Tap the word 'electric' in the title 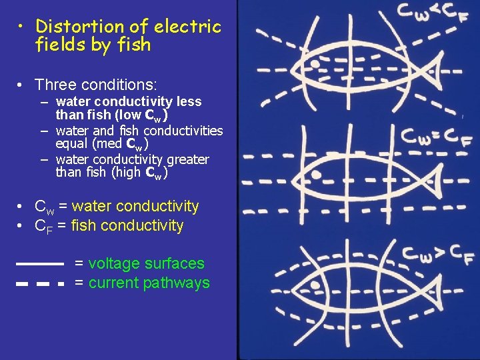click(x=187, y=27)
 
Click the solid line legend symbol click(x=39, y=263)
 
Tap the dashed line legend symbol click(x=39, y=283)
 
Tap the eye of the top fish click(x=313, y=64)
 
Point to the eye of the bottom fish click(x=315, y=285)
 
